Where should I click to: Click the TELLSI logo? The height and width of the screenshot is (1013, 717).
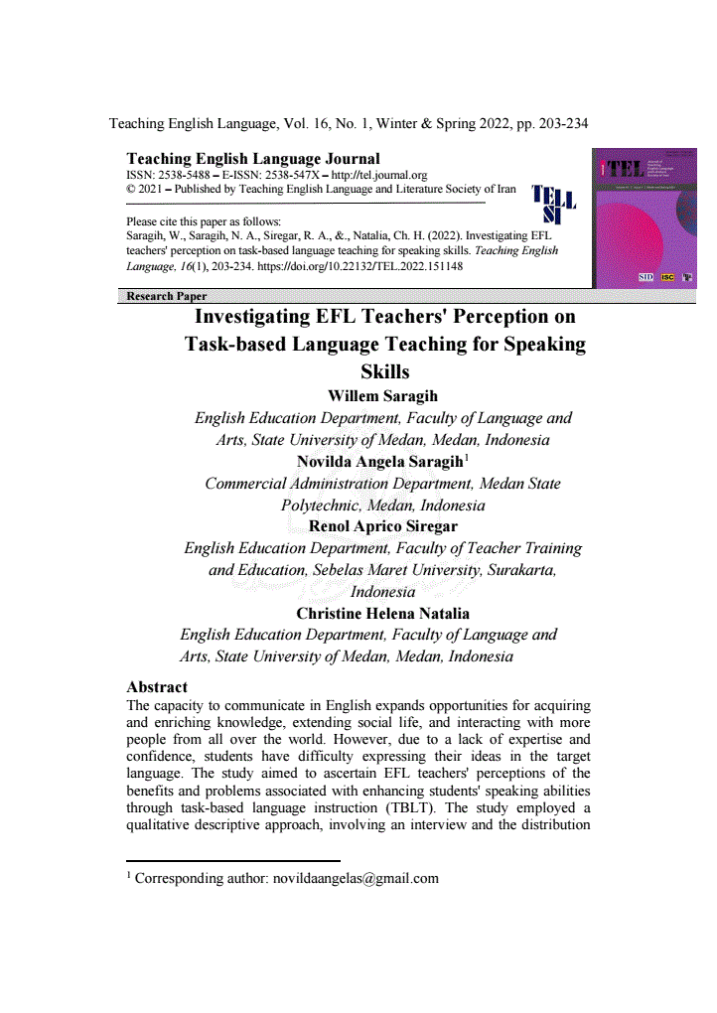pos(553,204)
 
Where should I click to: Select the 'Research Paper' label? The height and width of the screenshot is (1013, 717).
pos(167,296)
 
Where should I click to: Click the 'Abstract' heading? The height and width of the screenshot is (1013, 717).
pos(157,686)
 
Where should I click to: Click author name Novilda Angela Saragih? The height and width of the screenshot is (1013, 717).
pos(379,462)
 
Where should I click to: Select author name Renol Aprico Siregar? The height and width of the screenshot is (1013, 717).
pos(383,526)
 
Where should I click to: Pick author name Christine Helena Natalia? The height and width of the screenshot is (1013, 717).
pos(382,613)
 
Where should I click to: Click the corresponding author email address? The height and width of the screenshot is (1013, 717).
pos(356,878)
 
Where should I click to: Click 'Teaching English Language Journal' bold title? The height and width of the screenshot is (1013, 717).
pos(253,159)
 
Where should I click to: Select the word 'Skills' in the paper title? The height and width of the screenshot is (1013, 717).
pos(383,372)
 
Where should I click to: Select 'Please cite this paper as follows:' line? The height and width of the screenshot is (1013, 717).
pos(204,220)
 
